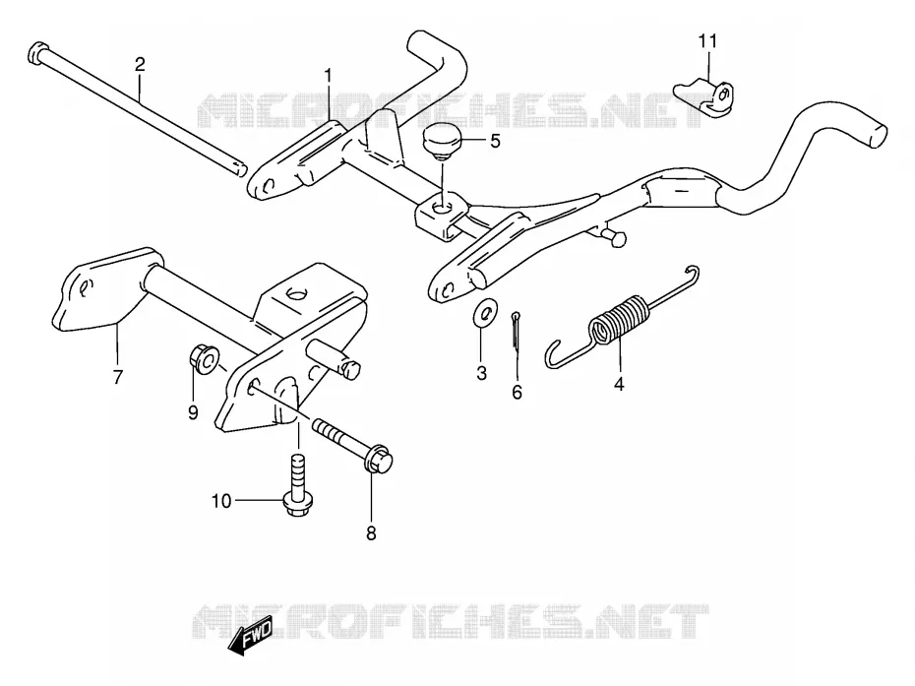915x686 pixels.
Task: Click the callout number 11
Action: [x=707, y=41]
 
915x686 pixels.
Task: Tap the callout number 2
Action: [x=140, y=64]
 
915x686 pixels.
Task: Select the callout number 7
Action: [x=118, y=377]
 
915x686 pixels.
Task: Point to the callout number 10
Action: [x=221, y=501]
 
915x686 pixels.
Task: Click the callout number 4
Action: [x=619, y=384]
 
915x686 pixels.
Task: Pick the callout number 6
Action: [x=517, y=393]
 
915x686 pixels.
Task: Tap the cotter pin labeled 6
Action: [x=516, y=333]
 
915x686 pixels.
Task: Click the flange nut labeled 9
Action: [x=205, y=359]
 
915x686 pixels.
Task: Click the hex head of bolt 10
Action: [x=298, y=504]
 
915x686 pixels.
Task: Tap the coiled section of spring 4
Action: [x=620, y=321]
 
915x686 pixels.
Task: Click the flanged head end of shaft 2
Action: [x=36, y=53]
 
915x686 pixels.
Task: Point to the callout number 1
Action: [x=328, y=76]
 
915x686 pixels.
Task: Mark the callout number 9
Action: [x=193, y=412]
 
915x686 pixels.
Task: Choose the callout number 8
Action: [x=371, y=533]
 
